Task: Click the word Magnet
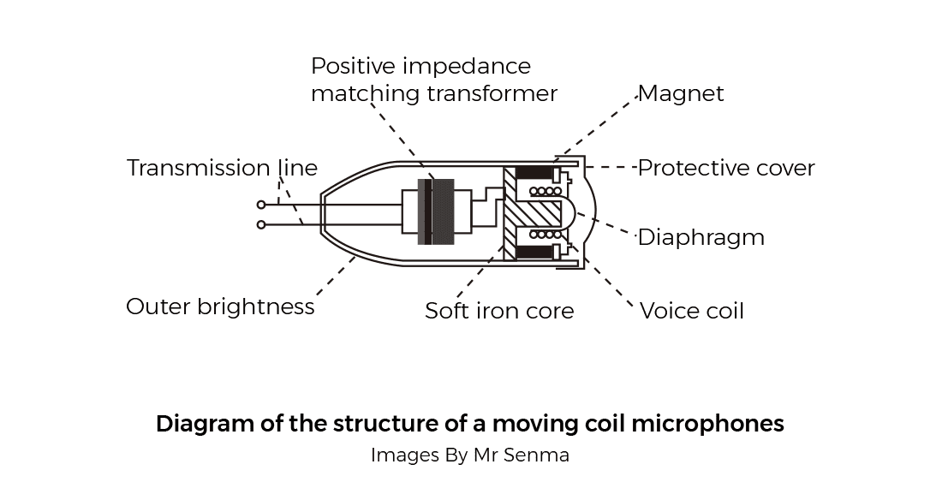point(681,93)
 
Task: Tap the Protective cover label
point(726,168)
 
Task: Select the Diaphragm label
point(701,237)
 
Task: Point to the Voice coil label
point(692,310)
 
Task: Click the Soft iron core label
point(499,310)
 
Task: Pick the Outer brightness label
point(220,307)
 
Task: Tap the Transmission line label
point(222,168)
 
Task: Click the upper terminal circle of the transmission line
point(261,205)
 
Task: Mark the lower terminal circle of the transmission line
point(261,225)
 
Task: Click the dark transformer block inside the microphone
point(443,211)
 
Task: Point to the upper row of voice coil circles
point(546,190)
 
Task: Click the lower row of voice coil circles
point(546,234)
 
